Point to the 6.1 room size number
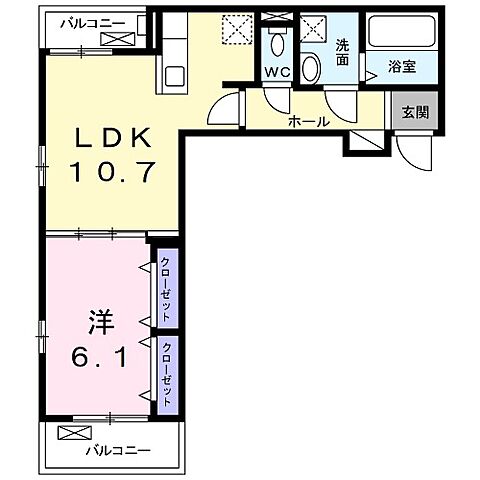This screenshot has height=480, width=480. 97,356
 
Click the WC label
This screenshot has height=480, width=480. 276,72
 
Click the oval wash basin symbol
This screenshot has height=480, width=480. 311,67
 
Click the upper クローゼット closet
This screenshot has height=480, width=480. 166,288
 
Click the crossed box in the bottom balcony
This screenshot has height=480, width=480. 73,434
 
